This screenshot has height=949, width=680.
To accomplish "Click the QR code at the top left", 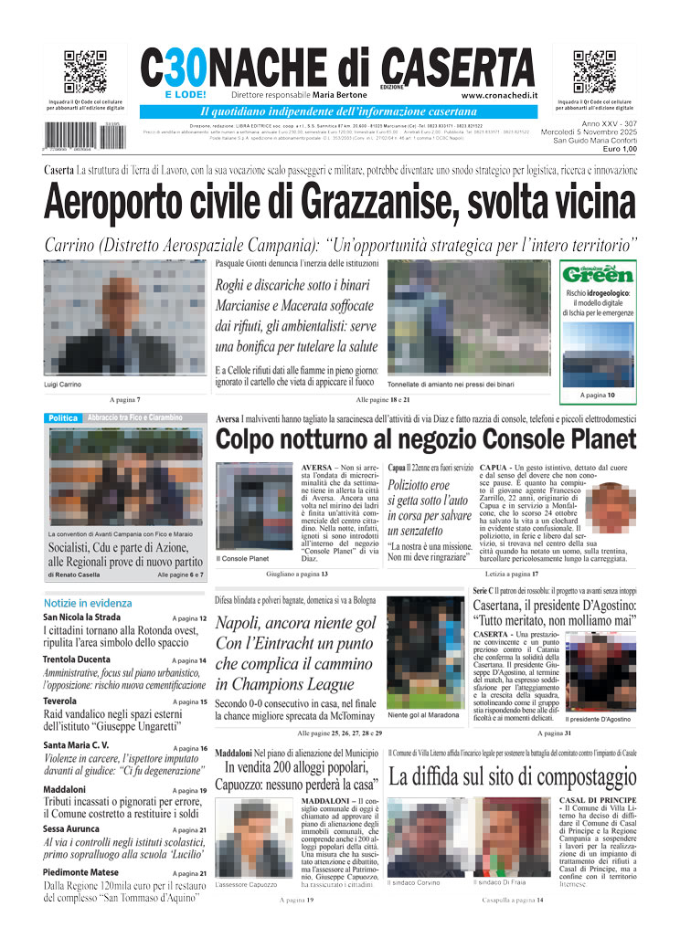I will (85, 72).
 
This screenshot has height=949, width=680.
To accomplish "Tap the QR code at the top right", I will (594, 72).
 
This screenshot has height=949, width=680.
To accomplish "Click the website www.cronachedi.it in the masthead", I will (499, 95).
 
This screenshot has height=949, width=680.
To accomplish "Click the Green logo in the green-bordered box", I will (598, 274).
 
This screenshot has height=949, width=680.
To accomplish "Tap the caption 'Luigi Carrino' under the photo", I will (62, 385).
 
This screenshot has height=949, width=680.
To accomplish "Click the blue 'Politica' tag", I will (63, 417).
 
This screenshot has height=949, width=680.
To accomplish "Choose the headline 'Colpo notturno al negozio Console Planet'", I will (426, 439).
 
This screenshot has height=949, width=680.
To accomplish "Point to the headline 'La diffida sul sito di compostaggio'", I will (512, 778).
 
